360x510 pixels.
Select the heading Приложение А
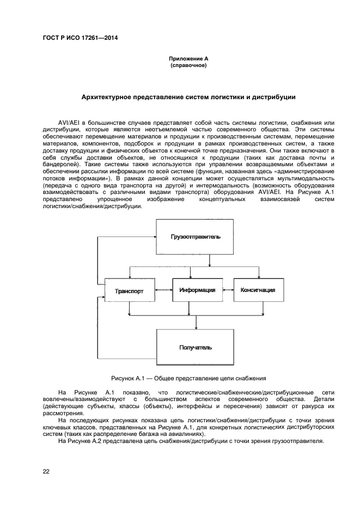click(188, 58)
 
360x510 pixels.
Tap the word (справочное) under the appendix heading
click(188, 65)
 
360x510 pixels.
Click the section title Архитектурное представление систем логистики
click(188, 98)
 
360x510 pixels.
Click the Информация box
click(197, 290)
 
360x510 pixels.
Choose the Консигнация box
click(258, 290)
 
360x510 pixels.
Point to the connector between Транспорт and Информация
click(164, 290)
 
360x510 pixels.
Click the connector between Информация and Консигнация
click(228, 290)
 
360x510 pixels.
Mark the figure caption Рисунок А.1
click(188, 378)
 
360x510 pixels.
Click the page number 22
click(46, 471)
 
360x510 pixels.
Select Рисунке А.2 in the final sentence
click(81, 441)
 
